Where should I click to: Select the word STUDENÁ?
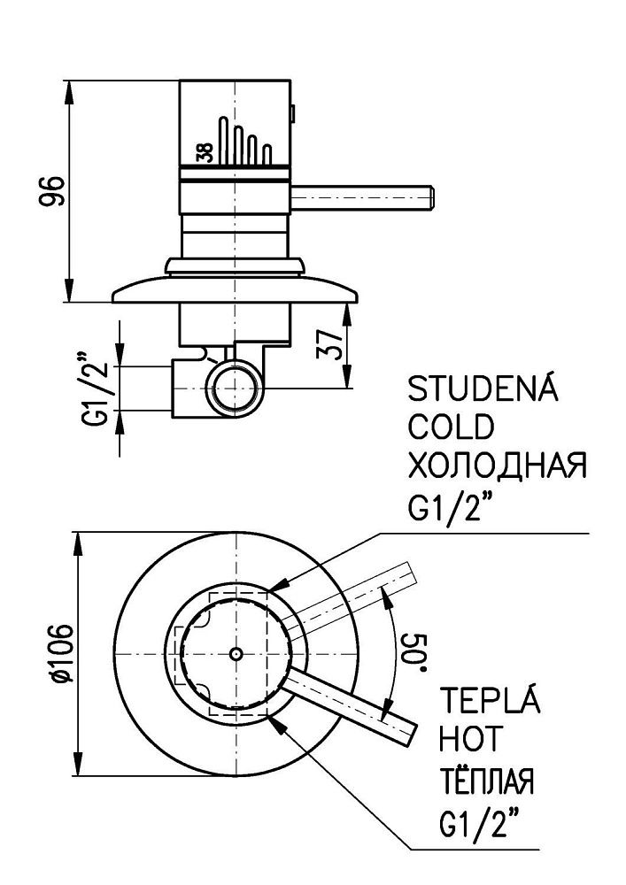[483, 389]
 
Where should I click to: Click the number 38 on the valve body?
[205, 151]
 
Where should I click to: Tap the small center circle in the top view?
[236, 653]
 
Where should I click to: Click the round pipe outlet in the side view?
[236, 386]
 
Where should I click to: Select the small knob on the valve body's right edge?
[293, 112]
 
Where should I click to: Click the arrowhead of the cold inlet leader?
[269, 588]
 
